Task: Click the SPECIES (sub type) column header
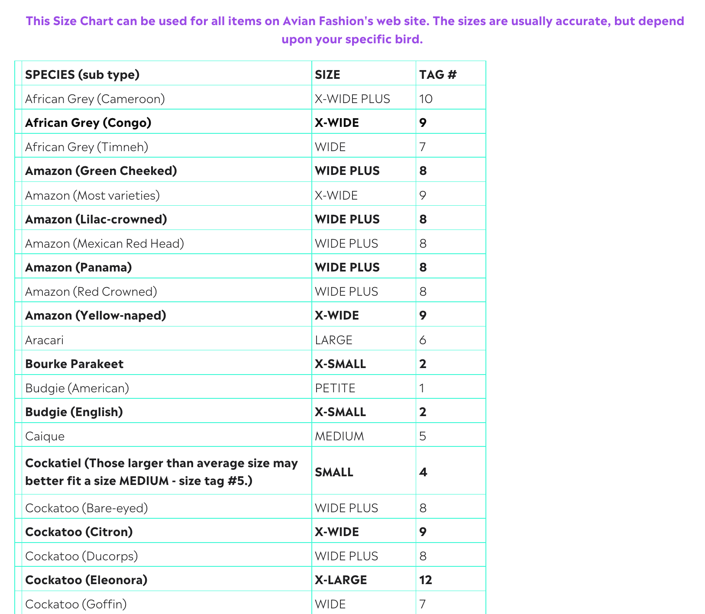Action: click(x=82, y=74)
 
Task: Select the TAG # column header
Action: click(x=438, y=74)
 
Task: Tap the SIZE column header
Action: click(x=327, y=74)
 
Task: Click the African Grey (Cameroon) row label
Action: click(x=95, y=99)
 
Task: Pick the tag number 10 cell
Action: click(x=426, y=99)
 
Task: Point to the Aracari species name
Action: click(x=44, y=340)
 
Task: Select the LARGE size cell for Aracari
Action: click(x=333, y=340)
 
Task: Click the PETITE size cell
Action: click(x=335, y=388)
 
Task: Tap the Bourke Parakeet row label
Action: click(x=74, y=364)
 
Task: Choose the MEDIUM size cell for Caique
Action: click(x=339, y=436)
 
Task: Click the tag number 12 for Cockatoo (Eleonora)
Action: click(x=426, y=580)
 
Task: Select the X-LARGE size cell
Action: click(x=341, y=580)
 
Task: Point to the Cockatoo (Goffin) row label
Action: click(x=76, y=604)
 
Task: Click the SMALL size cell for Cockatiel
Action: click(x=334, y=472)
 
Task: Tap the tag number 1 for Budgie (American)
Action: click(x=422, y=388)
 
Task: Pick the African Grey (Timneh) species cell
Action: click(x=87, y=147)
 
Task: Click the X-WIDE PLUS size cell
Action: click(x=352, y=99)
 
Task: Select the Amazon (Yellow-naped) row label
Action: click(x=96, y=315)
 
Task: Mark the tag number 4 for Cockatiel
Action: click(x=423, y=472)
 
